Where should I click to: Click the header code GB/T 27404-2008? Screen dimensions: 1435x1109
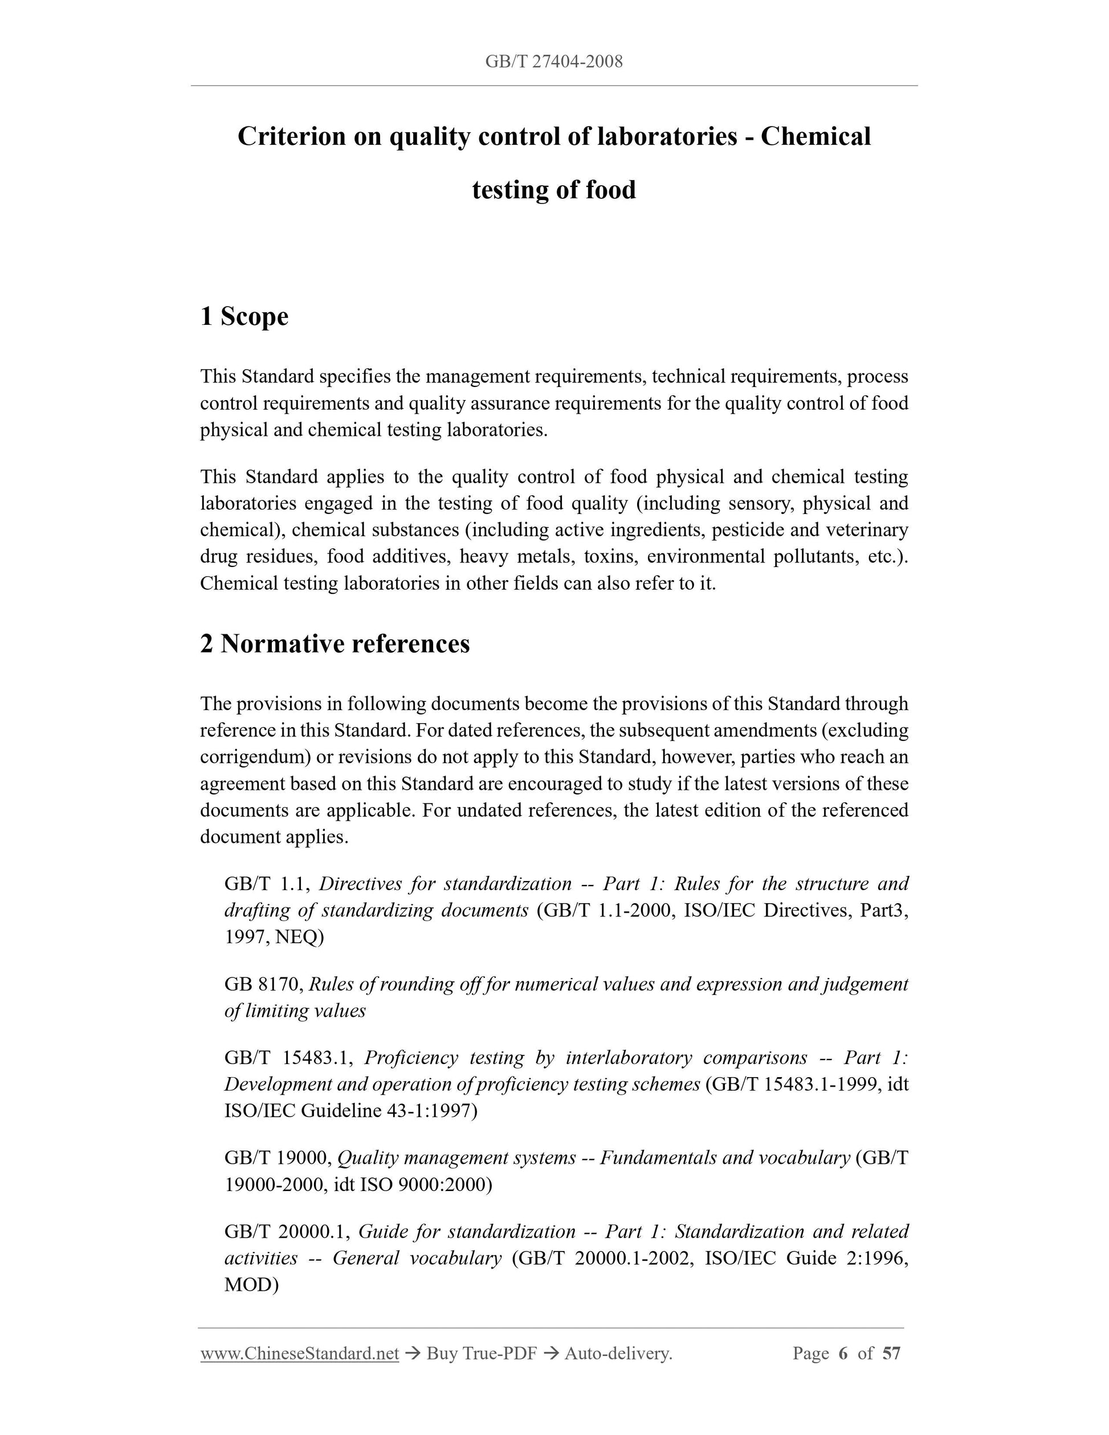pyautogui.click(x=554, y=62)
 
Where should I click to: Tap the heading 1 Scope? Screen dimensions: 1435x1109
pyautogui.click(x=244, y=316)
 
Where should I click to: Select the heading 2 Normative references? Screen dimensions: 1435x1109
pyautogui.click(x=335, y=643)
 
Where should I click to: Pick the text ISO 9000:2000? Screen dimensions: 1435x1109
pyautogui.click(x=425, y=1184)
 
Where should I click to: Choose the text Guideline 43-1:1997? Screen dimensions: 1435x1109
pyautogui.click(x=389, y=1110)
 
